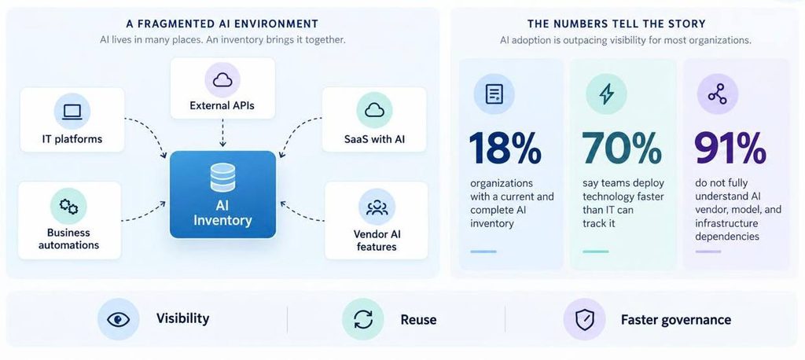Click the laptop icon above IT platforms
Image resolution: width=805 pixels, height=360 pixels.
[72, 112]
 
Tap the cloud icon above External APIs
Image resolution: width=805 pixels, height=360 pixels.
[222, 79]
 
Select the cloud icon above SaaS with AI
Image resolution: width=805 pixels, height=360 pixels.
[374, 110]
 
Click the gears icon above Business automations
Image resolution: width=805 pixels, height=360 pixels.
[68, 206]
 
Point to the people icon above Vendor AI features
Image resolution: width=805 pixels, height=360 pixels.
[377, 207]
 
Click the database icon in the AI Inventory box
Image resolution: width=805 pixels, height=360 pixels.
[222, 178]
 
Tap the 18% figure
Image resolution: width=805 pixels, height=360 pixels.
[505, 148]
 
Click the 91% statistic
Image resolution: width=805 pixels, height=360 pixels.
[730, 148]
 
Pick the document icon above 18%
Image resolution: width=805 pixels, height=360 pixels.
[494, 94]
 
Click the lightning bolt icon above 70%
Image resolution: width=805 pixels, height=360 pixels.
[606, 94]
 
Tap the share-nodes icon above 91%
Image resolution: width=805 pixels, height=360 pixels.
[717, 94]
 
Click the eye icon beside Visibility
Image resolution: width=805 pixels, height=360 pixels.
[118, 319]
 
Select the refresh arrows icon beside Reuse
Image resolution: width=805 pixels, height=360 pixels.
[363, 319]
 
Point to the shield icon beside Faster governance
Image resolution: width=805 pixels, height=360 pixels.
[584, 319]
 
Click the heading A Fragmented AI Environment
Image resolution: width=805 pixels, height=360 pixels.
[222, 24]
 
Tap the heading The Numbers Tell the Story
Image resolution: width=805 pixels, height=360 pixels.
[616, 24]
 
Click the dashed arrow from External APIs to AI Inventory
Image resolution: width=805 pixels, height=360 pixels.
[222, 133]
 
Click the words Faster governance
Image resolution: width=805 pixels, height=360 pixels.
[675, 319]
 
